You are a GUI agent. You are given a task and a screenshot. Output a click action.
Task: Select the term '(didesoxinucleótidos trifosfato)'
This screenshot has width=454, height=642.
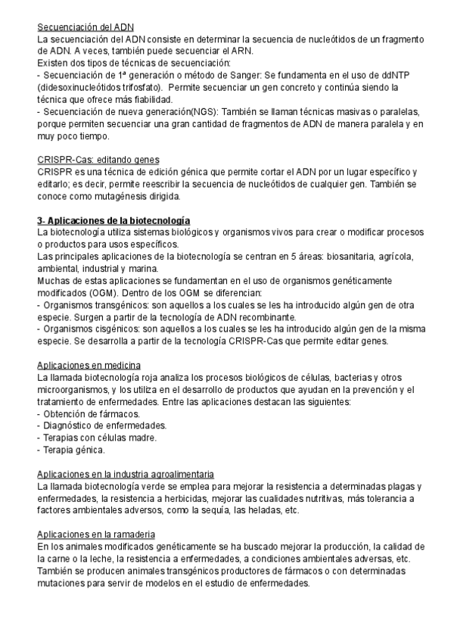point(99,88)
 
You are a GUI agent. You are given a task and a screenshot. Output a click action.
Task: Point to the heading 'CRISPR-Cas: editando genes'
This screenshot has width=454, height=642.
point(98,160)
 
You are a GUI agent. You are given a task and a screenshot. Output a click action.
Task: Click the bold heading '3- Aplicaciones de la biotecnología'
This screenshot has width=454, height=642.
point(113,220)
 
